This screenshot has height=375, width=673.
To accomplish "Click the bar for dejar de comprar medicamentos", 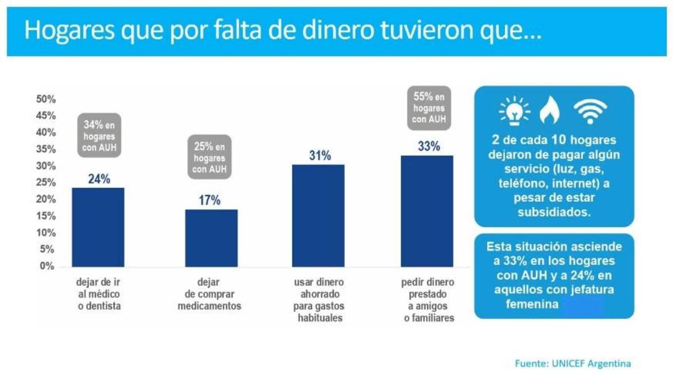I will click(x=211, y=238).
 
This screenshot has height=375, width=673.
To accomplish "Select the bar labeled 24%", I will click(x=98, y=227).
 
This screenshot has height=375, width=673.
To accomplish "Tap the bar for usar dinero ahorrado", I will click(x=318, y=216).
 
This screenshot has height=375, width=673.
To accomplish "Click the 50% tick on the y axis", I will click(x=46, y=99).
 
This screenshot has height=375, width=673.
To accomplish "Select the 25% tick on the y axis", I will click(x=46, y=183).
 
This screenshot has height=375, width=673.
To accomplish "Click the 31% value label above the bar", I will click(x=320, y=156).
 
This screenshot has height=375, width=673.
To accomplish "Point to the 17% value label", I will click(x=210, y=200).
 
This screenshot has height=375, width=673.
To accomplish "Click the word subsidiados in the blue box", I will click(x=554, y=213).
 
